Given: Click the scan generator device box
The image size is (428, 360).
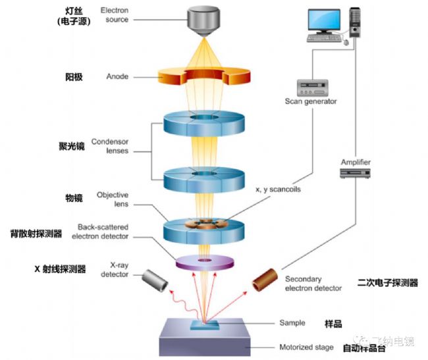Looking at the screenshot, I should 312,87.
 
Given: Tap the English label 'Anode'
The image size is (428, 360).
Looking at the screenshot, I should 117,76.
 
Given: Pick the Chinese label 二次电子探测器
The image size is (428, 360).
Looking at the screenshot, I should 388,283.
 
